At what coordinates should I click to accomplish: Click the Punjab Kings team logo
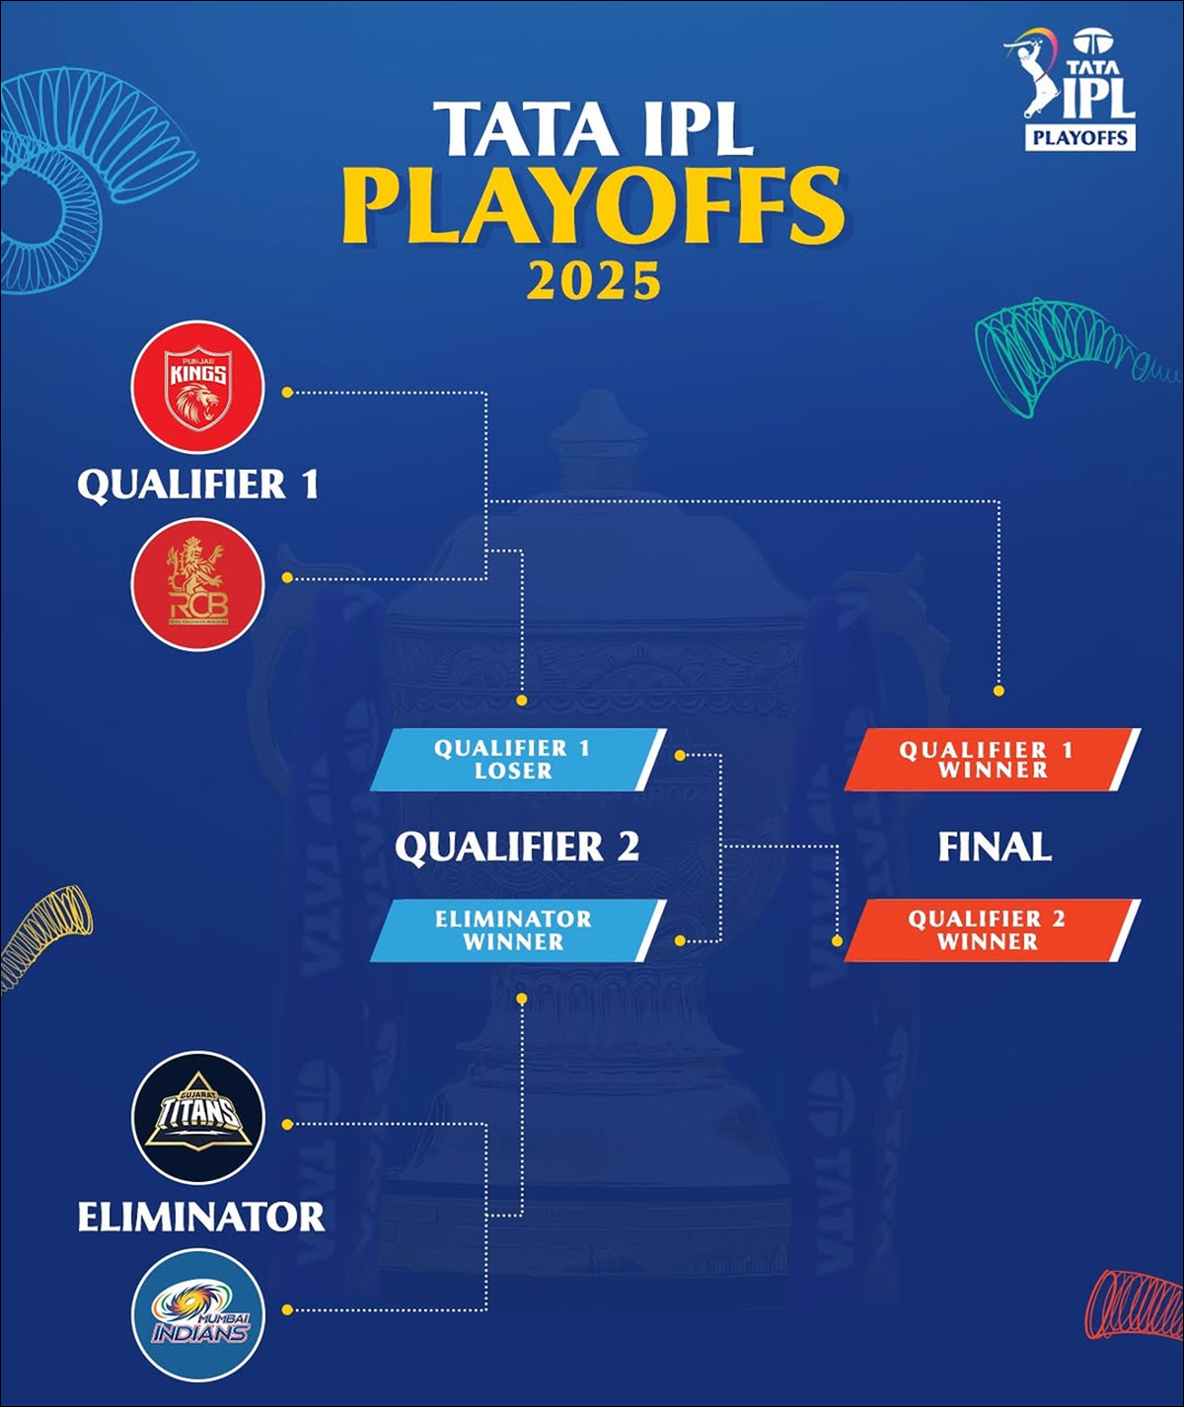(x=197, y=387)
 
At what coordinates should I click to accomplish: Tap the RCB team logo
(x=197, y=584)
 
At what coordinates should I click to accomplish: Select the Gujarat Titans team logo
(x=197, y=1117)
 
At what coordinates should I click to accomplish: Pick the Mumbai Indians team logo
(x=197, y=1314)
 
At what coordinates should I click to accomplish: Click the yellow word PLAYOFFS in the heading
(x=593, y=206)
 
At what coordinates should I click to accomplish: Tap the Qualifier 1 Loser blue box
(x=518, y=760)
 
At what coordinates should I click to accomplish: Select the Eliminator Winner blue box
(x=518, y=930)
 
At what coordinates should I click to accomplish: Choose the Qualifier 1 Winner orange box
(x=992, y=760)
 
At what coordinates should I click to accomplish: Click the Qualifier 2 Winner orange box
(x=992, y=930)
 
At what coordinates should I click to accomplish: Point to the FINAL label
(x=995, y=847)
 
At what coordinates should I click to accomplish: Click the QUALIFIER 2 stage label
(x=517, y=847)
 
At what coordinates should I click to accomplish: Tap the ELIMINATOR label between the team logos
(x=201, y=1217)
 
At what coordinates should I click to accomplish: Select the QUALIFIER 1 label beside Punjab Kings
(x=198, y=484)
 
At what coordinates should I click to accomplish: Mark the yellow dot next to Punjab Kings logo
(x=287, y=392)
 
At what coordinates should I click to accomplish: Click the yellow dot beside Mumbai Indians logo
(x=287, y=1310)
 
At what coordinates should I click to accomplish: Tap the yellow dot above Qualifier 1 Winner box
(x=999, y=691)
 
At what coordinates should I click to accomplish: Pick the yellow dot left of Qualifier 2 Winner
(x=838, y=940)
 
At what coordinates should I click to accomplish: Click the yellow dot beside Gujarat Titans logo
(x=287, y=1124)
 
